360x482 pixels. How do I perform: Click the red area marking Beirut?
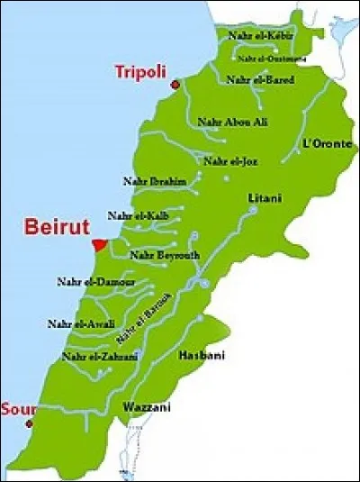(x=99, y=245)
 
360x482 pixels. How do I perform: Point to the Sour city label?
(x=18, y=408)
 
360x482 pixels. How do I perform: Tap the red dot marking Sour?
(x=30, y=423)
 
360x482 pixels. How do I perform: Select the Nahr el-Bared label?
(x=260, y=79)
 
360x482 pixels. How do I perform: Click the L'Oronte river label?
(x=328, y=143)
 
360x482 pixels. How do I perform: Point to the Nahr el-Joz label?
(x=231, y=161)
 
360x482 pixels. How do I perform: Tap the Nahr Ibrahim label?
(x=155, y=181)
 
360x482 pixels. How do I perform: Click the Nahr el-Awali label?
(x=78, y=323)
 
